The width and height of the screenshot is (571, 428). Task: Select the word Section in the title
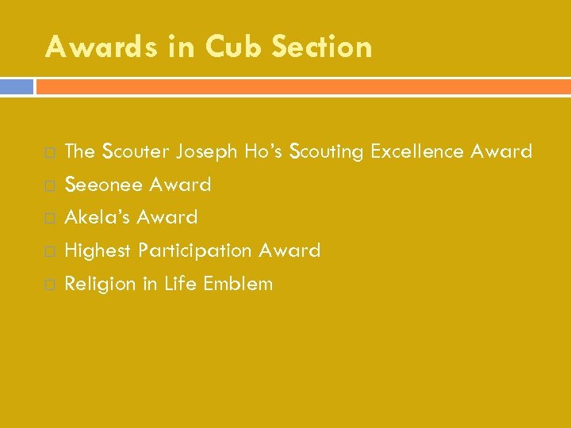point(322,48)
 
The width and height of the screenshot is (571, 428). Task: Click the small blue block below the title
point(17,86)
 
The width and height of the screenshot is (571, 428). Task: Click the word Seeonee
point(104,185)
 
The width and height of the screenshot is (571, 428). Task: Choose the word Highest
point(98,251)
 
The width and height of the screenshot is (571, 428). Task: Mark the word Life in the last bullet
point(180,284)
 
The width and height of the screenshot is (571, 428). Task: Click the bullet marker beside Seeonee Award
point(50,185)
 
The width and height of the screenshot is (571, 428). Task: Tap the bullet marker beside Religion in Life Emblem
point(50,285)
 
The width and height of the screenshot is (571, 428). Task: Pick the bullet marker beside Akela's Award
point(50,218)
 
